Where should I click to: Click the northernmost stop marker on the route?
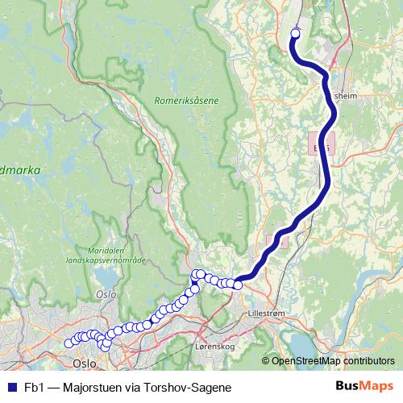click(x=294, y=34)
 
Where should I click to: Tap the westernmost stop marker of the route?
click(x=69, y=344)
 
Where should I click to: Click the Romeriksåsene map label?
click(x=186, y=101)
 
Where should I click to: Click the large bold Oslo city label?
click(x=85, y=363)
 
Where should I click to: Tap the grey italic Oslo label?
click(x=106, y=294)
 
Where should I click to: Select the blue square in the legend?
click(x=11, y=387)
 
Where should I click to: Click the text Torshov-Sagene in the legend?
click(x=189, y=387)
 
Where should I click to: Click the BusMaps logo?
click(x=364, y=386)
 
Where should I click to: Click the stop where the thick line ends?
click(x=238, y=284)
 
